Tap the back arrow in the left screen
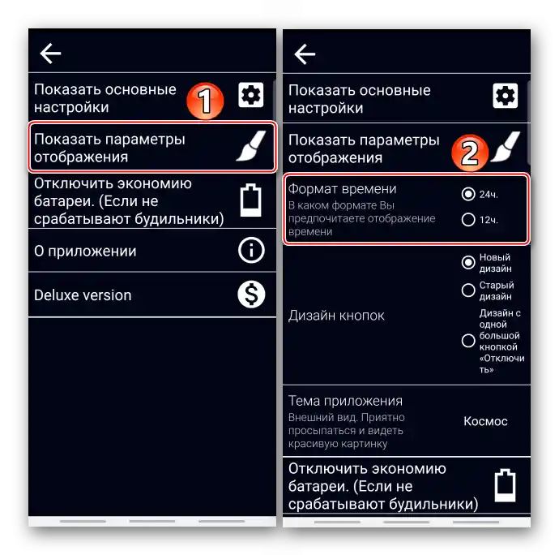[50, 54]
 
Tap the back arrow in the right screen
[305, 54]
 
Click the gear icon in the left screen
[251, 95]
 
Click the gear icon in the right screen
[506, 96]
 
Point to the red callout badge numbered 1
[205, 101]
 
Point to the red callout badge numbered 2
[470, 153]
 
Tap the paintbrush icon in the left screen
[251, 146]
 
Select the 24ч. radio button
[468, 194]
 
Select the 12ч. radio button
[468, 220]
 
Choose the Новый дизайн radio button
[468, 263]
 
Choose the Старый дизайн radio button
[468, 290]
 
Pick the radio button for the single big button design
[468, 341]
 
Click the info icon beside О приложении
[251, 251]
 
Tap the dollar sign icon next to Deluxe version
[251, 295]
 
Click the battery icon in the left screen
[250, 200]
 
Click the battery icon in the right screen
[506, 485]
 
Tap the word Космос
[485, 421]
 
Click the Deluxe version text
[83, 295]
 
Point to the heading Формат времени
[342, 189]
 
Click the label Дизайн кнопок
[336, 316]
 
